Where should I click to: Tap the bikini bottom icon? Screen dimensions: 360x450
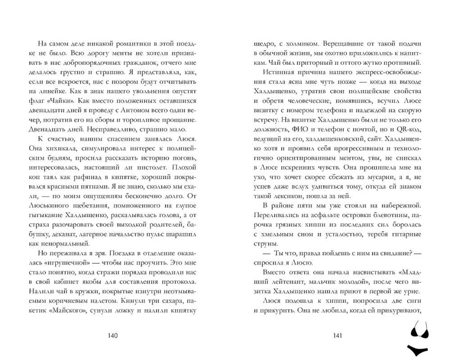tap(419, 350)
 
